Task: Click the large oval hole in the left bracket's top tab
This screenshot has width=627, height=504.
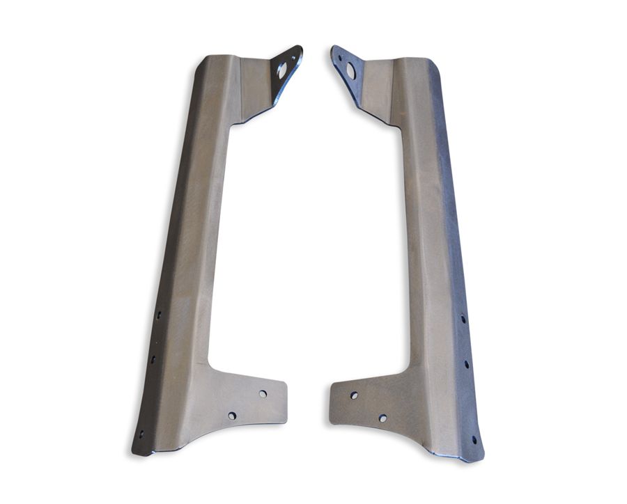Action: point(282,70)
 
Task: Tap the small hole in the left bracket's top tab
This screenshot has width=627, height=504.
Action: point(292,56)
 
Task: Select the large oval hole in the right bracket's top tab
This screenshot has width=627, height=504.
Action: point(350,71)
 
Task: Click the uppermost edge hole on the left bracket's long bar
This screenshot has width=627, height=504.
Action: point(159,315)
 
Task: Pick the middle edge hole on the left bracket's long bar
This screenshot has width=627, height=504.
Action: point(153,360)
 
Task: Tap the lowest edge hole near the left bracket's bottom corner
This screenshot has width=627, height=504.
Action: point(141,434)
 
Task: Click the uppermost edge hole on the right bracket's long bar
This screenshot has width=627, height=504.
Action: point(462,319)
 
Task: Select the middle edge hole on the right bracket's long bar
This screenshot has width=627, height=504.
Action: point(467,363)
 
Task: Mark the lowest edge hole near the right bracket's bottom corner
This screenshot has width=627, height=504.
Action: point(474,439)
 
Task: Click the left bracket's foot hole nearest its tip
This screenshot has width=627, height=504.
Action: point(263,393)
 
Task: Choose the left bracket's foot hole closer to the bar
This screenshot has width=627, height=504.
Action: point(232,416)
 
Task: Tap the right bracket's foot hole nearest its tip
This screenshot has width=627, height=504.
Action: point(354,395)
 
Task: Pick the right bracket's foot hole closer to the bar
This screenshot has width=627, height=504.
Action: point(382,418)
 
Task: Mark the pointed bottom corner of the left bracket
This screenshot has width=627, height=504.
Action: point(135,450)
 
